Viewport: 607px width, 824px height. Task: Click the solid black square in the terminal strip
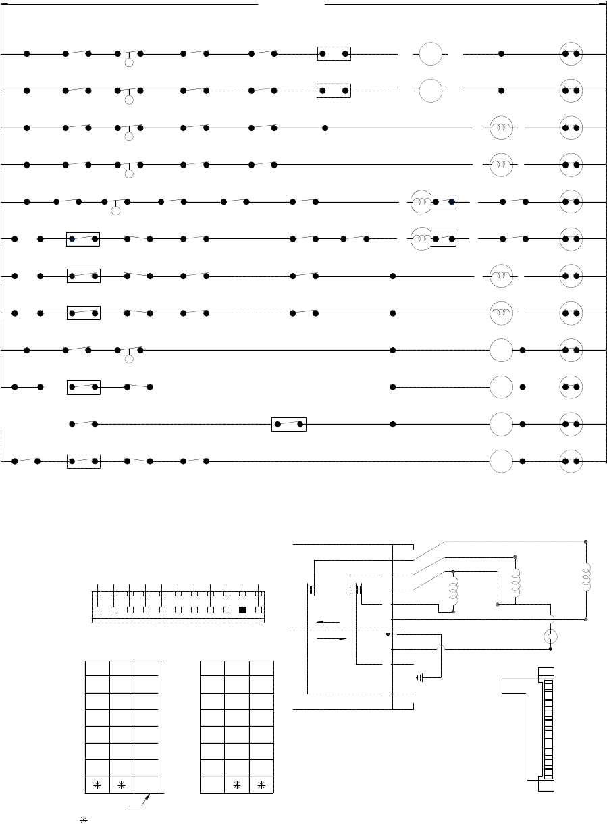(x=242, y=610)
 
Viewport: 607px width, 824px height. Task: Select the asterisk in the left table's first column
(x=97, y=786)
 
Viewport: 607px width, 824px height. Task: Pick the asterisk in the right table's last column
(x=261, y=786)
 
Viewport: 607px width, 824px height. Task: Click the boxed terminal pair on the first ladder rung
(x=334, y=53)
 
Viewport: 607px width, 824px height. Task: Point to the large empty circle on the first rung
(x=430, y=53)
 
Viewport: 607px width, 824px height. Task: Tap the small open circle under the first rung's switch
(x=130, y=65)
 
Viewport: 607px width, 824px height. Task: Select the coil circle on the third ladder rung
(x=502, y=127)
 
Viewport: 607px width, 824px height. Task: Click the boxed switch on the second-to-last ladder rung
(x=289, y=424)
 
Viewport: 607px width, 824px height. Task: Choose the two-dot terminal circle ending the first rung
(x=571, y=53)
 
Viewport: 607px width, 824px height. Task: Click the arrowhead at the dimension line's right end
(x=603, y=4)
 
